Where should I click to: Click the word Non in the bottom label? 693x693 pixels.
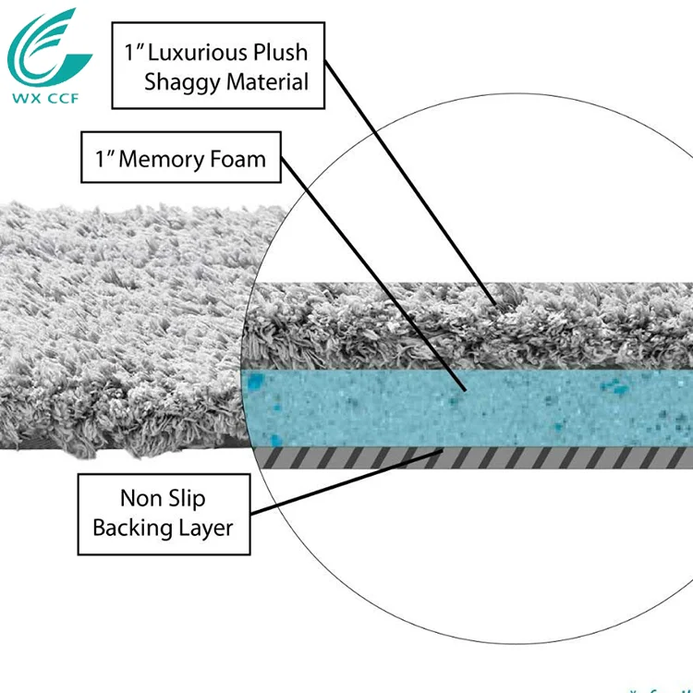tap(138, 499)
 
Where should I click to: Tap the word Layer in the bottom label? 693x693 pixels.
tap(208, 529)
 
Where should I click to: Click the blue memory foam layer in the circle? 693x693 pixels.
tap(517, 407)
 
